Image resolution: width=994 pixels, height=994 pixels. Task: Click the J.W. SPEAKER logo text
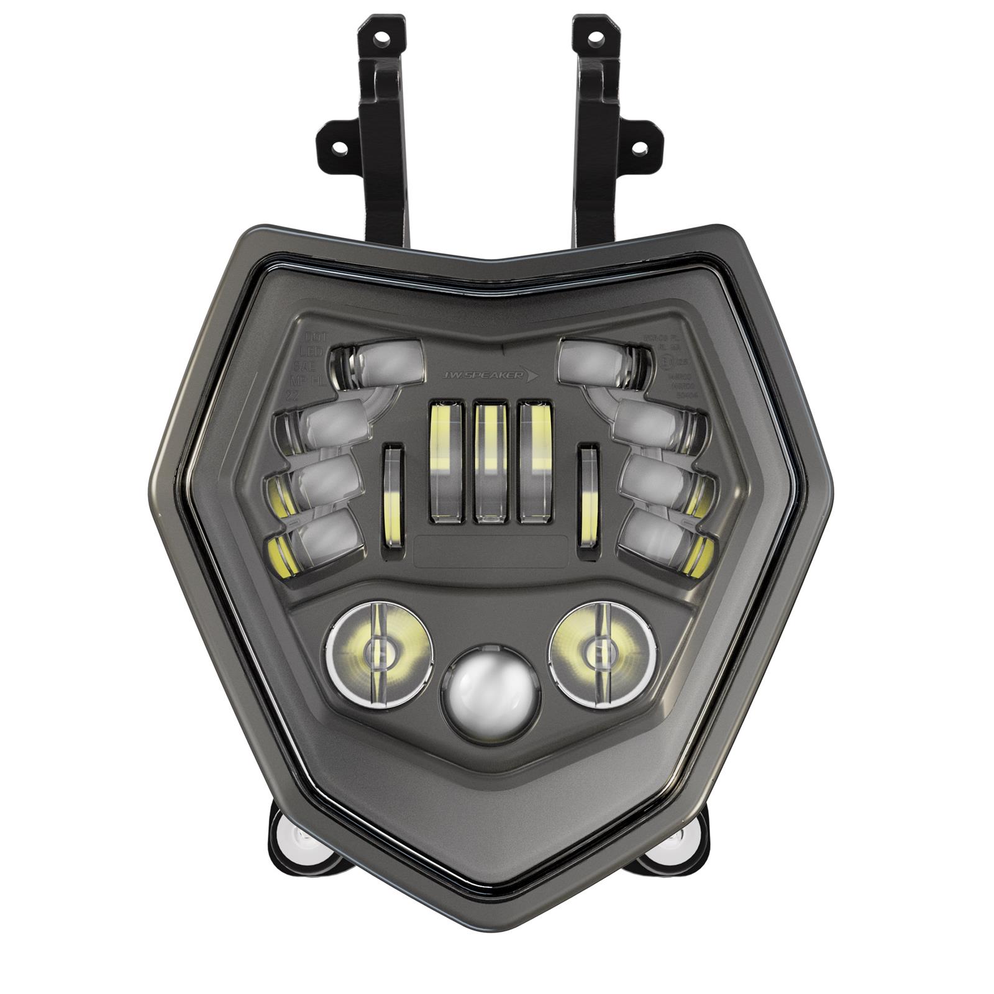pos(490,375)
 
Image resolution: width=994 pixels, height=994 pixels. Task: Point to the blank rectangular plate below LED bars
pos(491,550)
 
